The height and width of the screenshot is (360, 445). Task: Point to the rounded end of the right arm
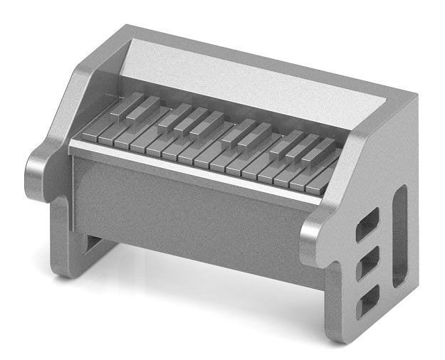[x=313, y=242]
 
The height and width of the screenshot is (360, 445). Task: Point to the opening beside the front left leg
[x=93, y=245]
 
